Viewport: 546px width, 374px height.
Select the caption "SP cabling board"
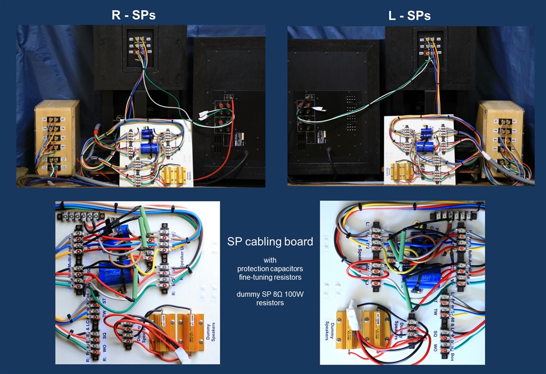[x=270, y=242]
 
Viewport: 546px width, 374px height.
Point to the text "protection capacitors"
[x=270, y=268]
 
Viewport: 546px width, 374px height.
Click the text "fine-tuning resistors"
[x=270, y=277]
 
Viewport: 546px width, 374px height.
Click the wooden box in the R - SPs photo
[x=57, y=138]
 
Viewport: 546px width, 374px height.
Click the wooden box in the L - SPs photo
[x=500, y=139]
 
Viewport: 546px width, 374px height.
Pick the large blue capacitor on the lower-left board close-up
[x=116, y=272]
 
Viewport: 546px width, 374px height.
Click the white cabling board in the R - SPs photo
[x=155, y=152]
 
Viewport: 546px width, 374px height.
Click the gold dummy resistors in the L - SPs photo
[x=400, y=172]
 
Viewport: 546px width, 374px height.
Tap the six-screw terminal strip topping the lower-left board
[x=80, y=216]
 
